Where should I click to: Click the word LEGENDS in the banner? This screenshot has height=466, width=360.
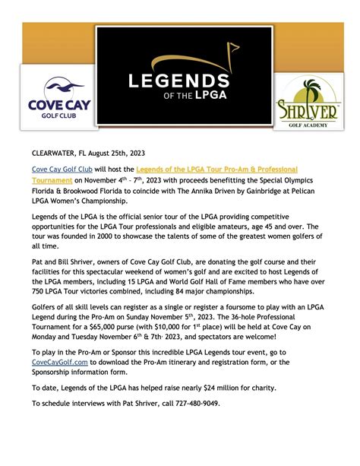180,81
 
